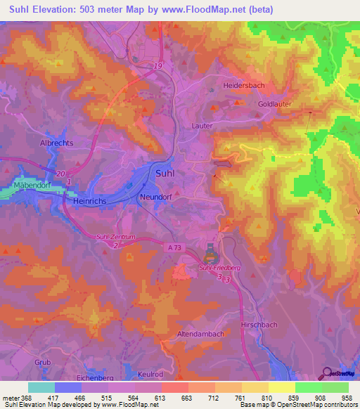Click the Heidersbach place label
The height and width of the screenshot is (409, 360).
[244, 84]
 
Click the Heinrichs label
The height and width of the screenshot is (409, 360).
[90, 200]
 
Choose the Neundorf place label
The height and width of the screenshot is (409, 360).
[156, 197]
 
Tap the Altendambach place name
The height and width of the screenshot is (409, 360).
[200, 332]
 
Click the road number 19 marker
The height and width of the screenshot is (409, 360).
[158, 65]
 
